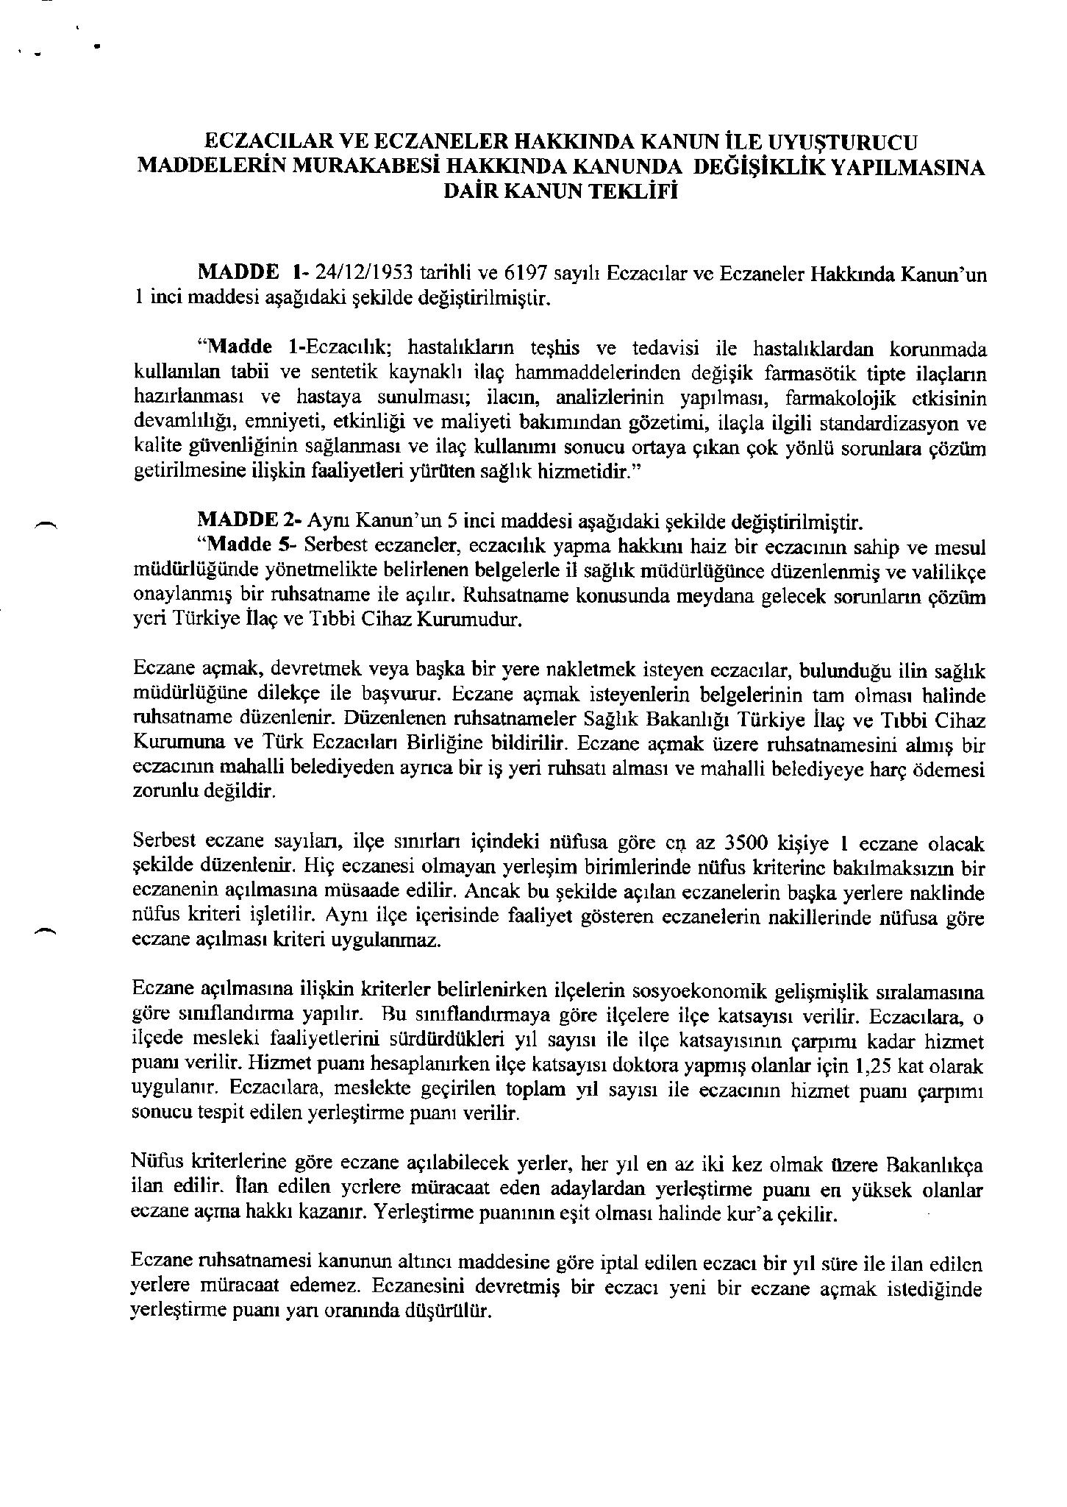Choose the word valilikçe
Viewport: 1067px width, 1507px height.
[949, 571]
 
